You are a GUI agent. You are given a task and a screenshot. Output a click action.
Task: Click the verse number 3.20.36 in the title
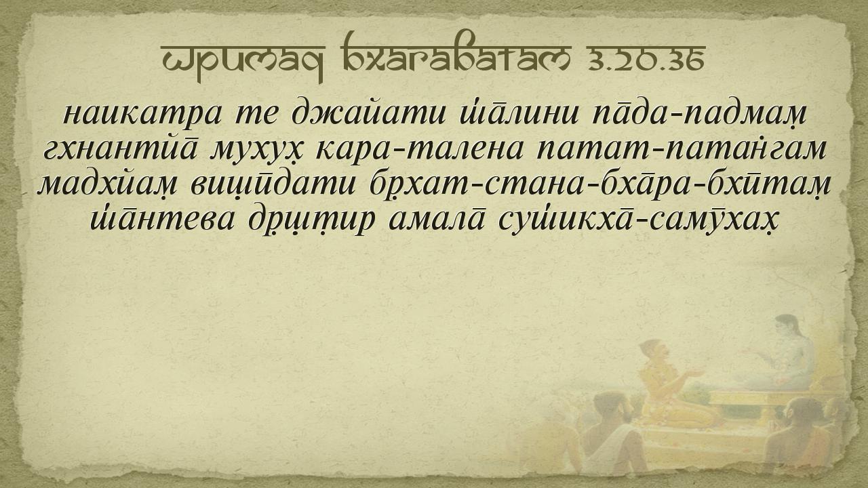[x=646, y=61]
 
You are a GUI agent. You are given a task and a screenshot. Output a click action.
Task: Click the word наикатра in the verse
[x=142, y=114]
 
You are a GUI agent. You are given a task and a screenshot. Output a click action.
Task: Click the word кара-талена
[x=419, y=150]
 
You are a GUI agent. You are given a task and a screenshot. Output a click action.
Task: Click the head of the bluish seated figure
[x=787, y=327]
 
